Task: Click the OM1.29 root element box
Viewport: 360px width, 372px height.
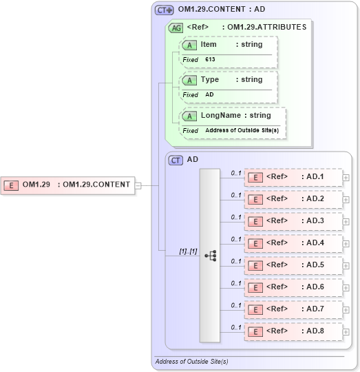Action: pyautogui.click(x=69, y=185)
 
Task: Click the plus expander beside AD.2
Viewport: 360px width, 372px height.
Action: pyautogui.click(x=346, y=200)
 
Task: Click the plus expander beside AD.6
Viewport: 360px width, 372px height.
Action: pyautogui.click(x=346, y=288)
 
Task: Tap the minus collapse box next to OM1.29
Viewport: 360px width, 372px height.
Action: pyautogui.click(x=138, y=185)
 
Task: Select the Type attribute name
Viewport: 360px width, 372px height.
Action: pyautogui.click(x=210, y=80)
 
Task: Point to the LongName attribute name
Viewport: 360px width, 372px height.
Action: pyautogui.click(x=220, y=116)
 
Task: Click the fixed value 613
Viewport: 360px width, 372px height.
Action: pyautogui.click(x=210, y=60)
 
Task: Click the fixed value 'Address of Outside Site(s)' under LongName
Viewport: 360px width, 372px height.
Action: pyautogui.click(x=242, y=130)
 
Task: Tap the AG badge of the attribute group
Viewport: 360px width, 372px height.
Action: pyautogui.click(x=176, y=28)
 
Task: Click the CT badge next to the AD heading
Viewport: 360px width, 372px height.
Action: pyautogui.click(x=176, y=160)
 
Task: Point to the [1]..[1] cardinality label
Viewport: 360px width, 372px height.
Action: pyautogui.click(x=188, y=251)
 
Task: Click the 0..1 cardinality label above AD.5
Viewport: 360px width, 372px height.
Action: pyautogui.click(x=236, y=261)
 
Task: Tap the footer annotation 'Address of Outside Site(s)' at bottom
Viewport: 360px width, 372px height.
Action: pyautogui.click(x=191, y=362)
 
